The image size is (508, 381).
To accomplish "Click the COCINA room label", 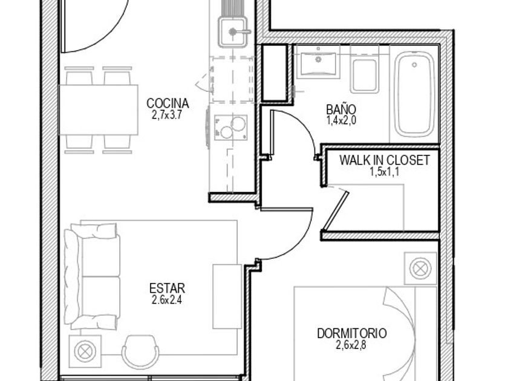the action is (168, 103).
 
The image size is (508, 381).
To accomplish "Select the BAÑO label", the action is (341, 109).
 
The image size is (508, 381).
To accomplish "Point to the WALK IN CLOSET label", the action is (385, 160).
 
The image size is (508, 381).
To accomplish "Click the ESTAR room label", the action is (167, 288).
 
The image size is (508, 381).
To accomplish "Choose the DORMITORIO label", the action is (352, 333).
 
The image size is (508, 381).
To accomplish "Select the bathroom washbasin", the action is (319, 62).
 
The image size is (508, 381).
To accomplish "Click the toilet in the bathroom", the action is (365, 70).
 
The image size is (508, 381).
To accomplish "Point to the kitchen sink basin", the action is (232, 33).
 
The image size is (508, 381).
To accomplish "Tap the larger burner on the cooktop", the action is (238, 123).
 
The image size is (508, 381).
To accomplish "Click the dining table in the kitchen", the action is (99, 110).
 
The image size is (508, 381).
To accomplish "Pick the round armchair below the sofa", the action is (140, 352).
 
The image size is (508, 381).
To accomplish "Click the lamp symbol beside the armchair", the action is (85, 351).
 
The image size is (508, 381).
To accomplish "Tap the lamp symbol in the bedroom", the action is (420, 269).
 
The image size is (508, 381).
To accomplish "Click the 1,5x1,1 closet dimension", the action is (385, 172).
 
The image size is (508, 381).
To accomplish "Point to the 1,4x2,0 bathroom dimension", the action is (341, 120).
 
